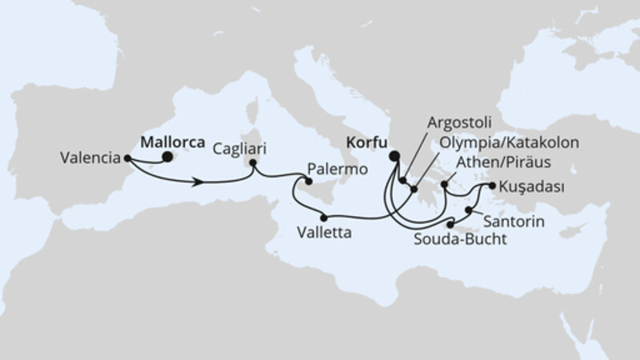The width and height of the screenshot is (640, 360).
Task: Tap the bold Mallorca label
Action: click(x=171, y=141)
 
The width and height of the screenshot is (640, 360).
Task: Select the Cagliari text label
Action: click(x=241, y=149)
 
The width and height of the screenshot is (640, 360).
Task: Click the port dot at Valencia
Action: click(x=128, y=158)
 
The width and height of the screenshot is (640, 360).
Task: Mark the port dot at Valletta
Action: click(x=323, y=216)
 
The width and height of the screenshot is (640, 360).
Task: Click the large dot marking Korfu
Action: click(x=393, y=156)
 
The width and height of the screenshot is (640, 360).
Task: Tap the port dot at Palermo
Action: click(x=308, y=182)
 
